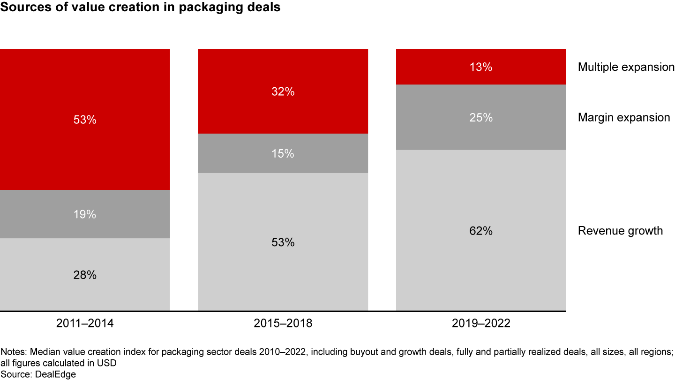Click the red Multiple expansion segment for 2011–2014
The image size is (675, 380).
85,119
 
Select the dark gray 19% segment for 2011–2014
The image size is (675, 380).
85,214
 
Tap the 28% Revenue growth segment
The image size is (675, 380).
85,274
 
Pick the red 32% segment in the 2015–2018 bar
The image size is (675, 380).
283,91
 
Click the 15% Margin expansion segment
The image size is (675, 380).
283,153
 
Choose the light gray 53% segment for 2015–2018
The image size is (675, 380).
283,242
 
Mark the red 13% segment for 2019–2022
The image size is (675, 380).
481,67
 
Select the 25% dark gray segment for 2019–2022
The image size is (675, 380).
481,117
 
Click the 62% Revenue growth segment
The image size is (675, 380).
481,230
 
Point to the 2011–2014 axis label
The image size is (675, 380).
85,324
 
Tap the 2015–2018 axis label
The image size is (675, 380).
283,324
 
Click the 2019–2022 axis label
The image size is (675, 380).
481,324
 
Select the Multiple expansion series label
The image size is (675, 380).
626,67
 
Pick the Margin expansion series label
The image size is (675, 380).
624,117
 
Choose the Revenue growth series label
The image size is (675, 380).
620,230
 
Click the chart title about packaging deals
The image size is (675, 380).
141,8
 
